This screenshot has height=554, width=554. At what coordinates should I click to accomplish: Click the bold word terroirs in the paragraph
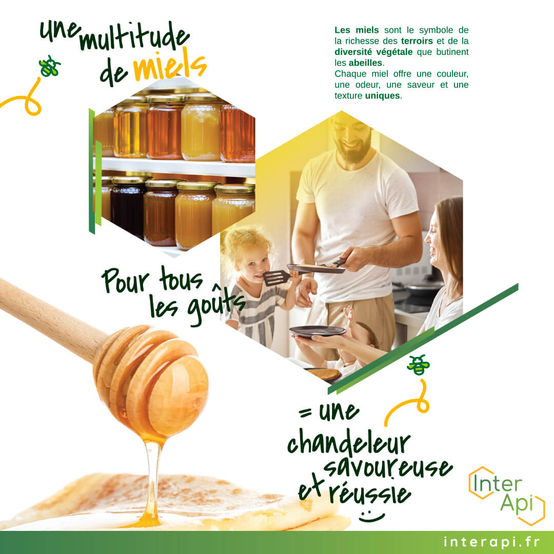(417, 41)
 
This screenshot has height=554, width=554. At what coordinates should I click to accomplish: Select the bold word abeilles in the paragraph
(365, 63)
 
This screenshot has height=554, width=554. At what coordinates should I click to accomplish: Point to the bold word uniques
(383, 96)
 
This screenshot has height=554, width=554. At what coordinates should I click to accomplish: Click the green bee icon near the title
(49, 66)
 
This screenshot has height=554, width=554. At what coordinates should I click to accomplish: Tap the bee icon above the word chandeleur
(419, 365)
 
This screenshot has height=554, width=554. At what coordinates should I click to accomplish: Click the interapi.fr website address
(491, 542)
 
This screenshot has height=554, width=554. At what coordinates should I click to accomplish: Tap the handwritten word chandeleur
(349, 441)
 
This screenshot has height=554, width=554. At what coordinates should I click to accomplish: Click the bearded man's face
(351, 138)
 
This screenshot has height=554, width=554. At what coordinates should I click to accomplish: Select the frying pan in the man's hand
(316, 268)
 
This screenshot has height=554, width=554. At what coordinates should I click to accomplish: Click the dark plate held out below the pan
(318, 331)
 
